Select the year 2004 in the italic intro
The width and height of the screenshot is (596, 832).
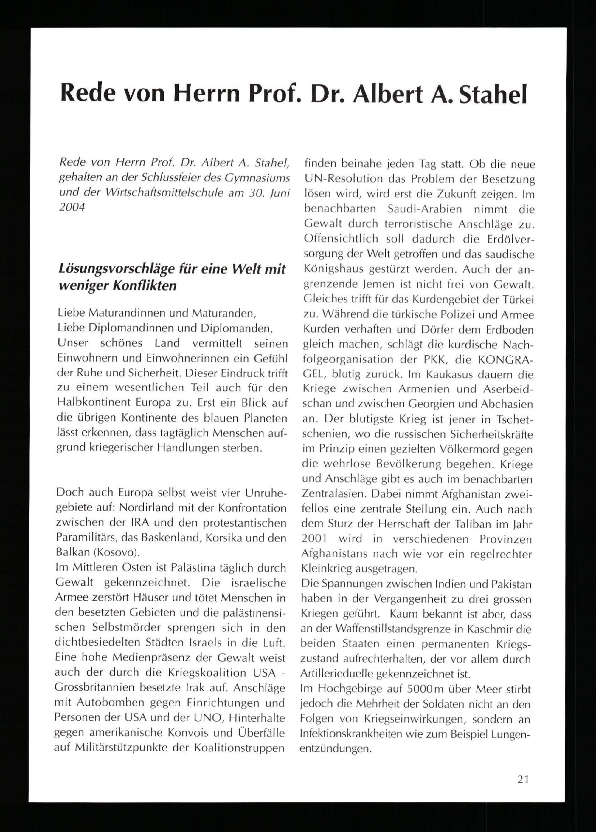[72, 208]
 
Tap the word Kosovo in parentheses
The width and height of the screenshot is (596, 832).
[115, 552]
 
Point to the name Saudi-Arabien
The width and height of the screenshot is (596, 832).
[424, 209]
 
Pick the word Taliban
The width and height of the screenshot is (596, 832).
[477, 524]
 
